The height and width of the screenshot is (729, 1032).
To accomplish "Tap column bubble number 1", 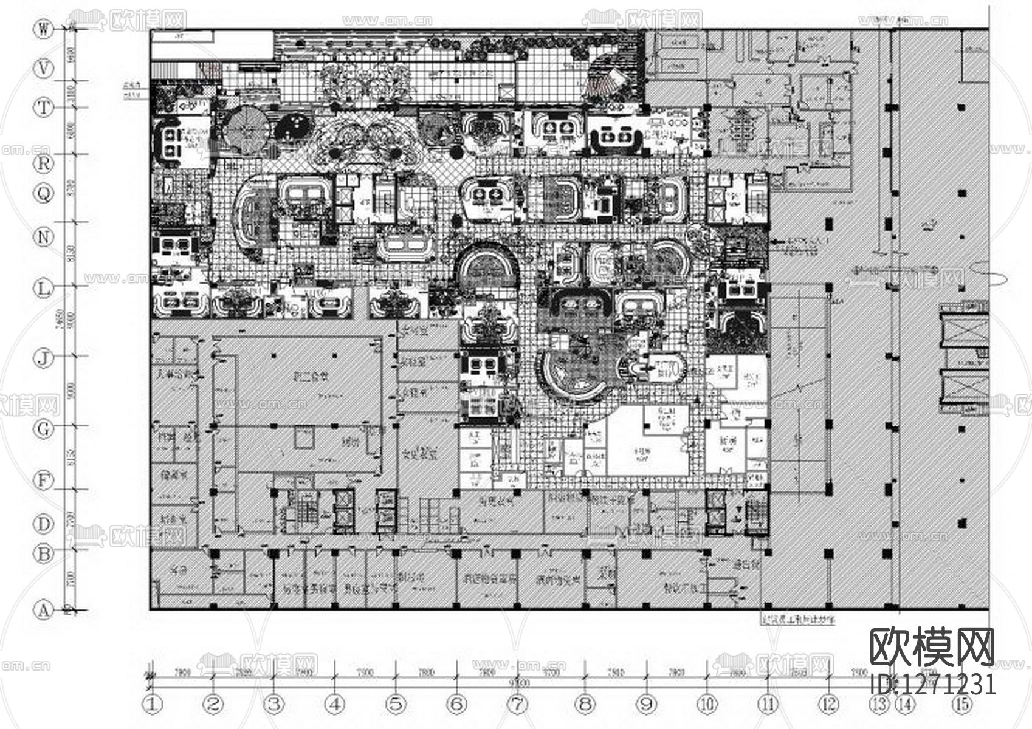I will click(153, 705).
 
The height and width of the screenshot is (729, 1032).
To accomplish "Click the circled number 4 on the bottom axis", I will click(335, 705).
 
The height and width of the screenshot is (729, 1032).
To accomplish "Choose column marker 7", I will click(517, 705).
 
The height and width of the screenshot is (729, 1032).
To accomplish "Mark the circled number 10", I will click(707, 705).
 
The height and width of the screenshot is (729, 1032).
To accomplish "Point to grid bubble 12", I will click(828, 705).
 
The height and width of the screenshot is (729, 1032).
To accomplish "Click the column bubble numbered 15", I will click(961, 705).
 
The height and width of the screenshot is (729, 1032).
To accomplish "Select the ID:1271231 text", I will click(934, 684).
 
